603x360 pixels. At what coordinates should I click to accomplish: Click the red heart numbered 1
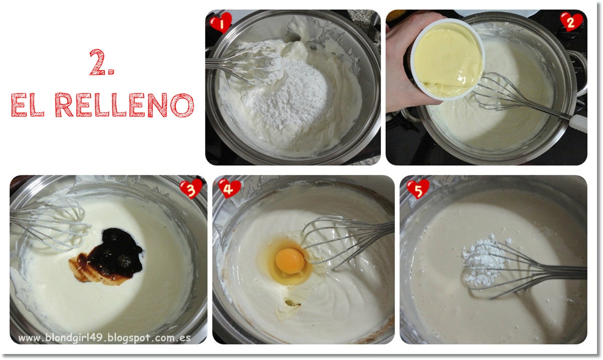point(221,23)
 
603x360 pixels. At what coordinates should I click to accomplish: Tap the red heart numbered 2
point(571,22)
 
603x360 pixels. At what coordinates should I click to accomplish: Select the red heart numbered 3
point(191,189)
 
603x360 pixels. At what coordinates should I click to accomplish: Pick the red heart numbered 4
point(229,189)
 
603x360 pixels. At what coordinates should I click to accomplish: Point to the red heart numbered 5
point(418,189)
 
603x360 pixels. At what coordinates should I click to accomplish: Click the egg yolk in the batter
point(290,261)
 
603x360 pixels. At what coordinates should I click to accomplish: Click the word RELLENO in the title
point(124,105)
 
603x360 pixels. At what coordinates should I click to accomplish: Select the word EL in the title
point(27,105)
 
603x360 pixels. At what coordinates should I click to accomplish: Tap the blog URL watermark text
point(105,338)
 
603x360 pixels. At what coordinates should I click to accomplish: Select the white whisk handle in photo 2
point(578,123)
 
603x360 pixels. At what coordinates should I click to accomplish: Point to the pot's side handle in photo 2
point(579,73)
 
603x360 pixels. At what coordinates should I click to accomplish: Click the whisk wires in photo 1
point(242,65)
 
